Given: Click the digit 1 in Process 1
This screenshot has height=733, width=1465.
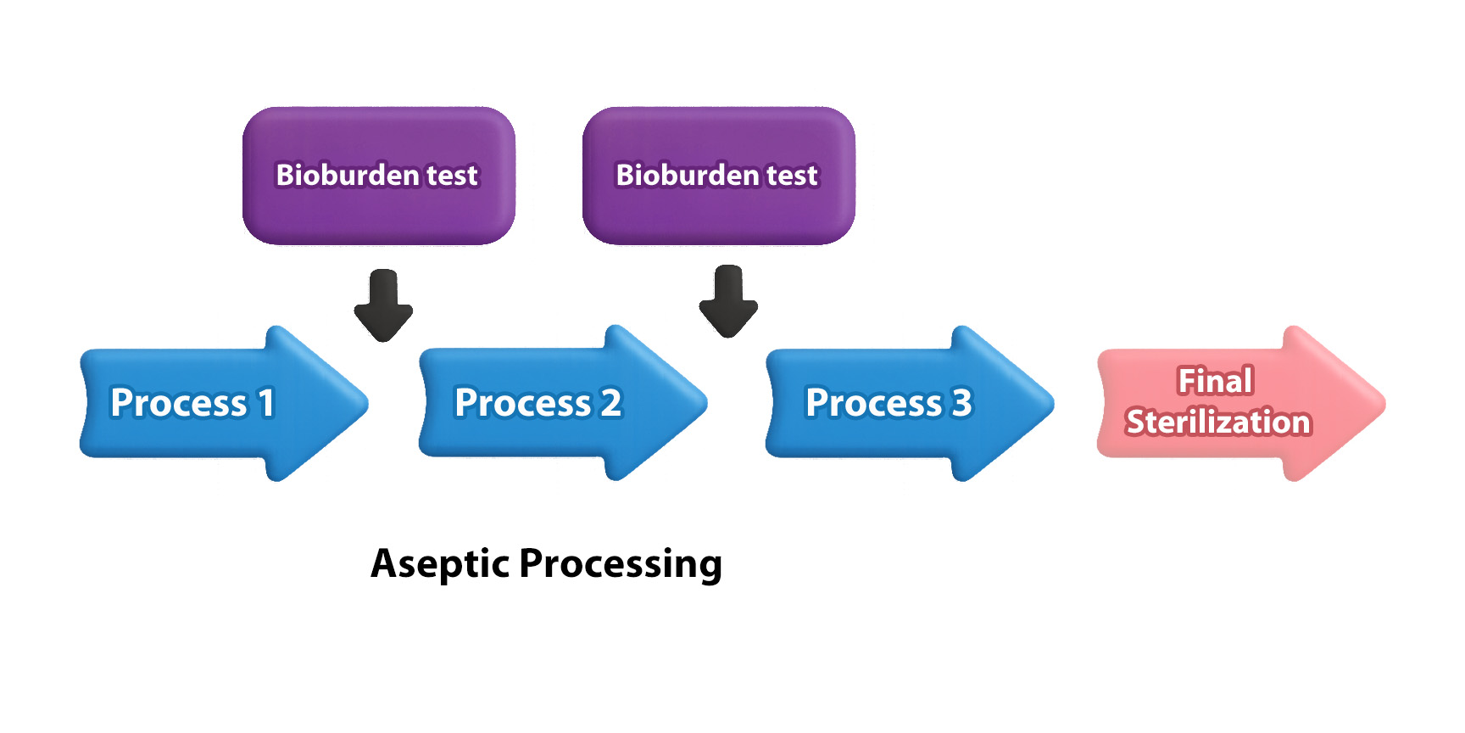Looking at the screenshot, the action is pyautogui.click(x=266, y=403).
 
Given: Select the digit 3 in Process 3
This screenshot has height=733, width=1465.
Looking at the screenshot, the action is pyautogui.click(x=961, y=403).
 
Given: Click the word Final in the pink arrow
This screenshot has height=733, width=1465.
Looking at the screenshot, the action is pyautogui.click(x=1216, y=381).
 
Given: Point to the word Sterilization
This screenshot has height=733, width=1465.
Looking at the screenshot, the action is pyautogui.click(x=1218, y=422).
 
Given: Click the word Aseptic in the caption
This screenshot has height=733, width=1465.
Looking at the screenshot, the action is pyautogui.click(x=441, y=564).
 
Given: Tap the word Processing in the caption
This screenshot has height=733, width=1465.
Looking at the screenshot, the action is pyautogui.click(x=621, y=564).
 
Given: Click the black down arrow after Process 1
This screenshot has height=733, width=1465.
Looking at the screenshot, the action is pyautogui.click(x=383, y=305).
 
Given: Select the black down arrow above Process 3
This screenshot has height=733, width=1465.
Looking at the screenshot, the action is pyautogui.click(x=728, y=302).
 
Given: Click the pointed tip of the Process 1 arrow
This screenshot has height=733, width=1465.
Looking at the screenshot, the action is pyautogui.click(x=368, y=404).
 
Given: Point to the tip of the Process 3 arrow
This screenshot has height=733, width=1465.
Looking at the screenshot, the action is pyautogui.click(x=1054, y=404).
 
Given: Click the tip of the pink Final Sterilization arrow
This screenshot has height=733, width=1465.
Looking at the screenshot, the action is pyautogui.click(x=1385, y=404).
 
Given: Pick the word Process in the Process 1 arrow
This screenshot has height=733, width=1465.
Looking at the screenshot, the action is pyautogui.click(x=179, y=403).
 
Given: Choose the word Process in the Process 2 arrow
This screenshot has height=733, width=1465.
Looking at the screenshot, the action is pyautogui.click(x=523, y=403).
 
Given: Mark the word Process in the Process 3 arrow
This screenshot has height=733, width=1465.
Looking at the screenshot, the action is pyautogui.click(x=874, y=403).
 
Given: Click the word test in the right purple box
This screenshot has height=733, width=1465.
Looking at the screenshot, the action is pyautogui.click(x=793, y=176).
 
